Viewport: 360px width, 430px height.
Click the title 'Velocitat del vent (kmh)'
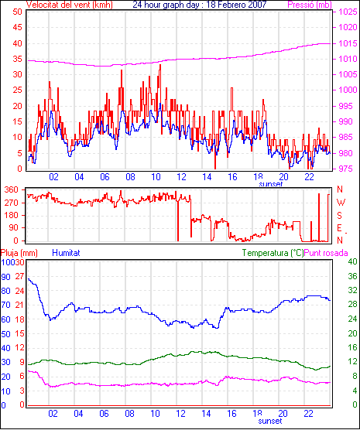tap(69, 5)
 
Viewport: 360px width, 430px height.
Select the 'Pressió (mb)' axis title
tap(310, 5)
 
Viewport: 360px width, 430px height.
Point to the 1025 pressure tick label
tap(348, 12)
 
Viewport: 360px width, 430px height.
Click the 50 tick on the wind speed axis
tap(17, 12)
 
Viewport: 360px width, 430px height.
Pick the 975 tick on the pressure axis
tap(346, 169)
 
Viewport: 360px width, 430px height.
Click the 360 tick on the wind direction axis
tap(12, 189)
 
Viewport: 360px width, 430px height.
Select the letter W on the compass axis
tap(341, 203)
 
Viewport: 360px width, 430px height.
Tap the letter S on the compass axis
tap(339, 216)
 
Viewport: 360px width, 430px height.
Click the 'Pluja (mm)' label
tap(19, 253)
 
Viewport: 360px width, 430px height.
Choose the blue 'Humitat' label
tap(66, 253)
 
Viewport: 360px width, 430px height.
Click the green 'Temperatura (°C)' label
tap(273, 253)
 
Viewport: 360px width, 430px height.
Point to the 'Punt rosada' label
tap(326, 253)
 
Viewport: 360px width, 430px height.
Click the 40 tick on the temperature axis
tap(352, 261)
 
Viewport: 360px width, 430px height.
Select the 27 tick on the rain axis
tap(19, 276)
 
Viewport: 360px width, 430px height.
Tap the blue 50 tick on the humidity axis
tap(5, 334)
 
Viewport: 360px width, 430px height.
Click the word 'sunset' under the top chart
tap(270, 184)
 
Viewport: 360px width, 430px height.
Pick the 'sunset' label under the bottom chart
tap(270, 421)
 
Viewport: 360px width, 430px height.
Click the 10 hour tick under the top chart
tap(156, 177)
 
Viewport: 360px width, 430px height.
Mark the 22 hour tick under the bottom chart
tap(308, 413)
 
